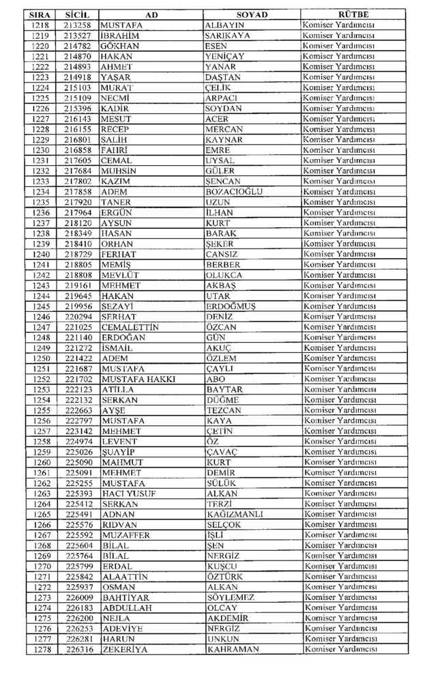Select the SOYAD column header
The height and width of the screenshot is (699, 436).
(x=252, y=14)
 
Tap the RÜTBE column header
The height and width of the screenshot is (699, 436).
(x=353, y=14)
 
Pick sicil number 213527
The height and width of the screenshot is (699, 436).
(x=79, y=35)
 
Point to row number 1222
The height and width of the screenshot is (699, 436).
(x=41, y=66)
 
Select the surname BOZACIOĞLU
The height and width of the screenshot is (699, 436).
(x=233, y=192)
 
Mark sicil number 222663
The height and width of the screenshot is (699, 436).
(x=79, y=410)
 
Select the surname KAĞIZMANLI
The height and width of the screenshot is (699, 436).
(x=234, y=514)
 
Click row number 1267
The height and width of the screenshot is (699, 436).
(x=41, y=535)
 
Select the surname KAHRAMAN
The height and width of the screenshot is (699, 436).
(x=233, y=649)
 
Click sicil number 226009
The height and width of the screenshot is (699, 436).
(x=79, y=597)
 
